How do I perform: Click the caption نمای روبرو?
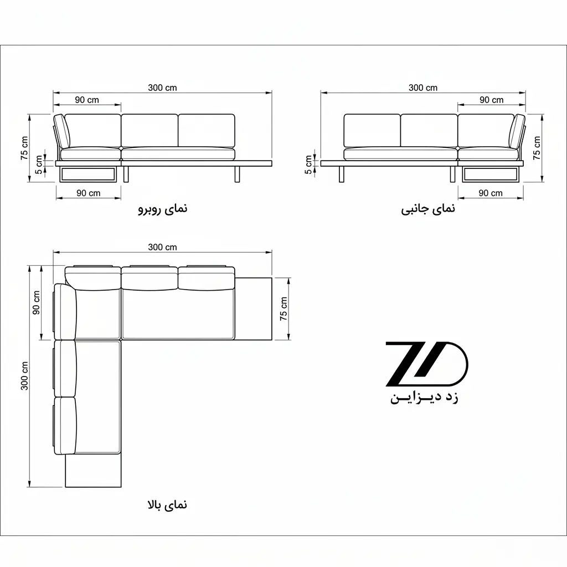pyautogui.click(x=163, y=209)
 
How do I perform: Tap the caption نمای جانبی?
pyautogui.click(x=428, y=209)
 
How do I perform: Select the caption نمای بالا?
pyautogui.click(x=167, y=504)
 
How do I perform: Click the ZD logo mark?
pyautogui.click(x=427, y=364)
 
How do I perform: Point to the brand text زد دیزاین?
pyautogui.click(x=424, y=398)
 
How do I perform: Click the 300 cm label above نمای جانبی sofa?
pyautogui.click(x=422, y=87)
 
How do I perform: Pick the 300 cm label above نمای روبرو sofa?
pyautogui.click(x=162, y=87)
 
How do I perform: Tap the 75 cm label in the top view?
pyautogui.click(x=283, y=308)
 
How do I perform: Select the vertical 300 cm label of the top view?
pyautogui.click(x=24, y=376)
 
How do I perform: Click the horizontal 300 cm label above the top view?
pyautogui.click(x=162, y=247)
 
